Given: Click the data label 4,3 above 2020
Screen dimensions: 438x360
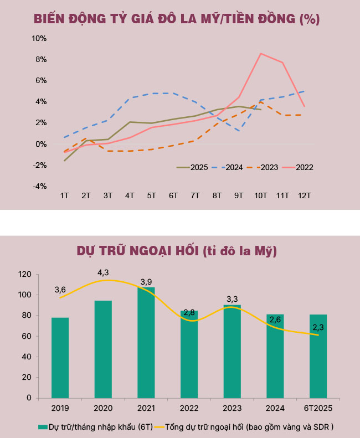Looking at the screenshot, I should pos(103,272).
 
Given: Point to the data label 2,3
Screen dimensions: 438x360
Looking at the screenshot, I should pos(319,327).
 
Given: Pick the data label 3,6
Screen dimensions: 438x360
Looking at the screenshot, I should pos(60,290).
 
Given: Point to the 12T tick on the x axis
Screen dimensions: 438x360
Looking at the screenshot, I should pos(304,196).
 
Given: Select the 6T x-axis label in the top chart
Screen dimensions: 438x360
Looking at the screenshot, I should pos(173,196).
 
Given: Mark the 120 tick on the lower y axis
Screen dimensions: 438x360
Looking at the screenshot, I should pos(24,274).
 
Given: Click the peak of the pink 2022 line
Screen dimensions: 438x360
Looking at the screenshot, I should pos(261,53).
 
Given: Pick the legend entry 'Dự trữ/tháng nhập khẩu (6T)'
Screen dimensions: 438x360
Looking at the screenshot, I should pos(89,427).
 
